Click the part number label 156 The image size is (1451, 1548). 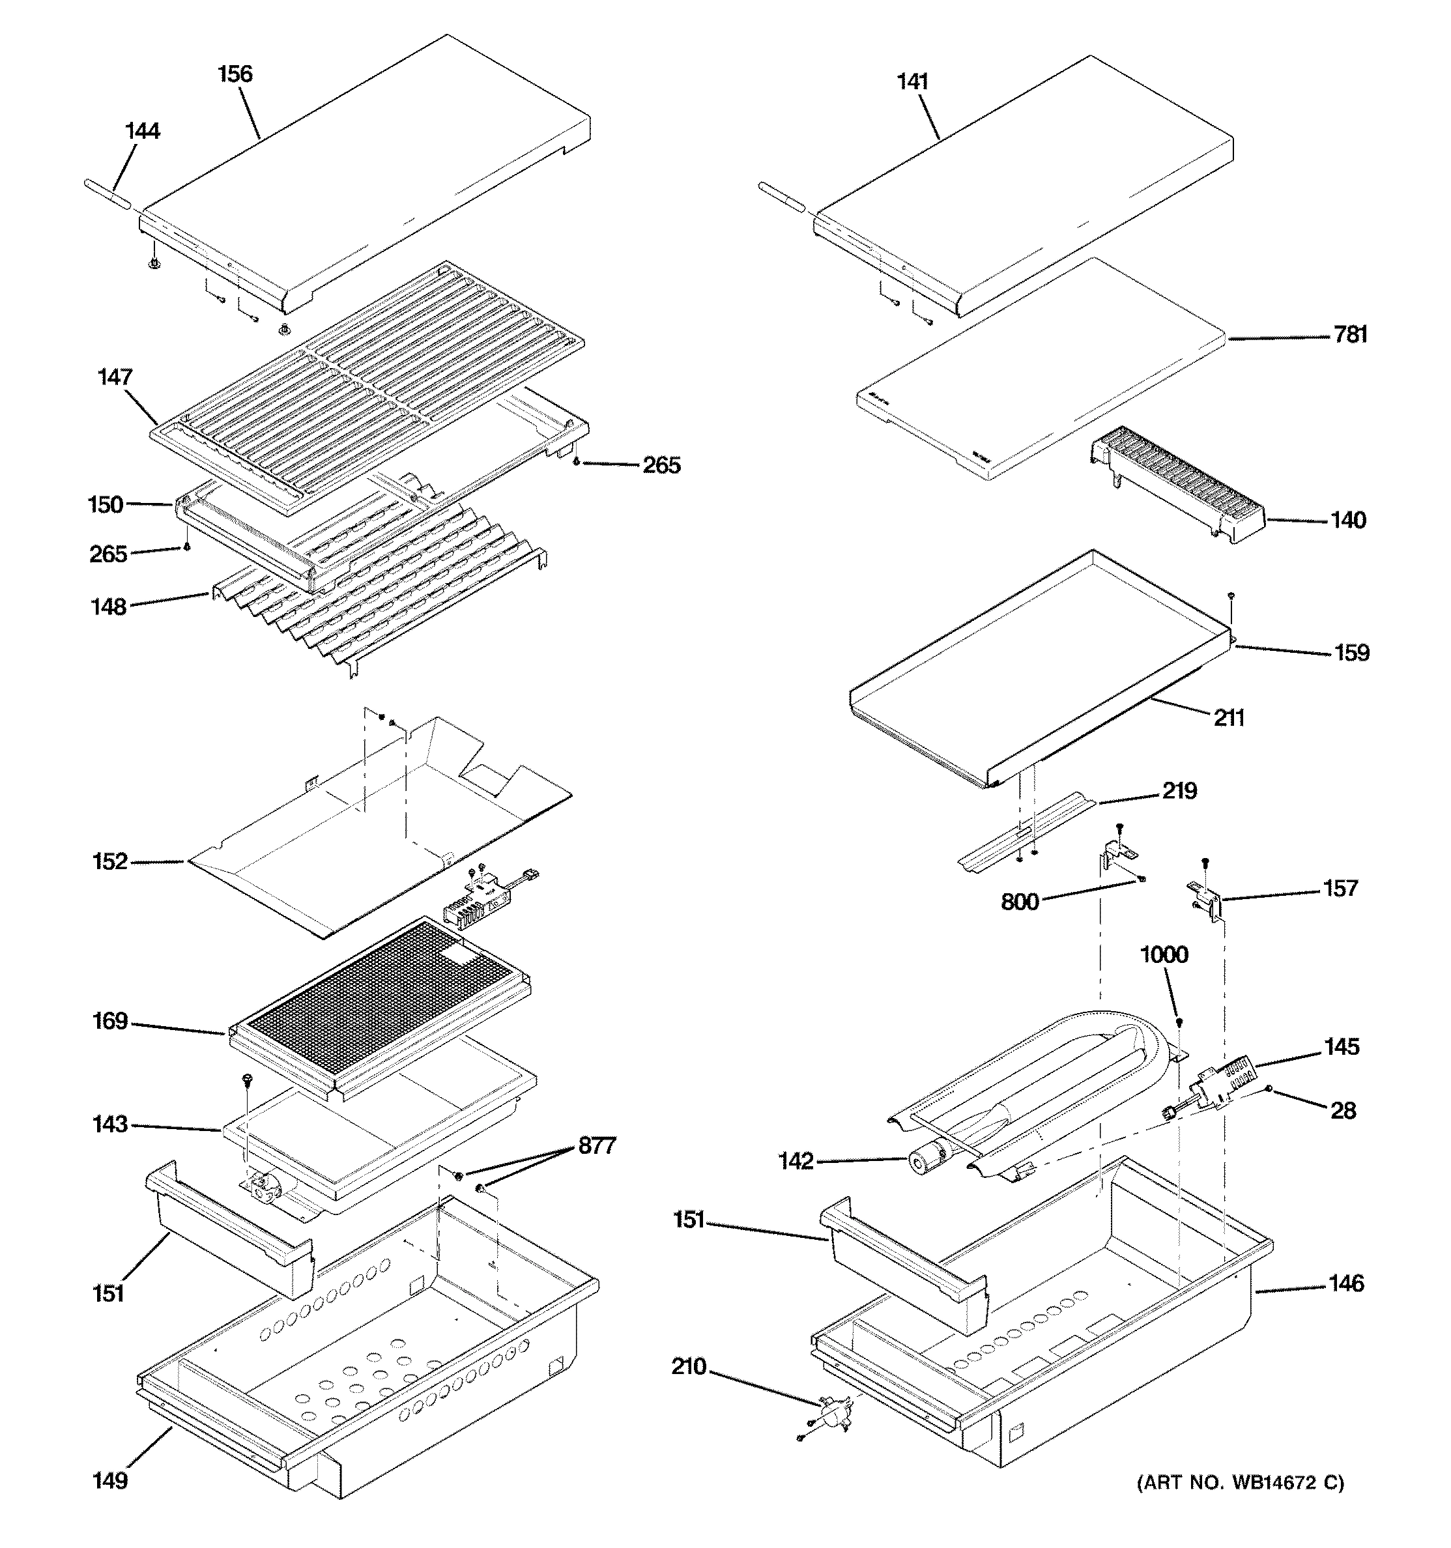click(x=235, y=74)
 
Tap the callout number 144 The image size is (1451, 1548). click(x=143, y=131)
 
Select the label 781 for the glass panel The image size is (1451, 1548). click(x=1350, y=335)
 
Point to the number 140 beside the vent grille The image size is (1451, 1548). click(x=1347, y=520)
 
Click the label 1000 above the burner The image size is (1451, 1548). click(x=1164, y=954)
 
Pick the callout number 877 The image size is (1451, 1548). click(x=597, y=1145)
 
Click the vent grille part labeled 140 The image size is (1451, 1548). click(x=1176, y=483)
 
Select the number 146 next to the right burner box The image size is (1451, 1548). click(x=1347, y=1283)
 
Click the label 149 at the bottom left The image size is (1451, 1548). click(x=110, y=1480)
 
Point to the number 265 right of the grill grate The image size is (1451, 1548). click(x=661, y=466)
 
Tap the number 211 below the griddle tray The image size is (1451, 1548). click(x=1228, y=718)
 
